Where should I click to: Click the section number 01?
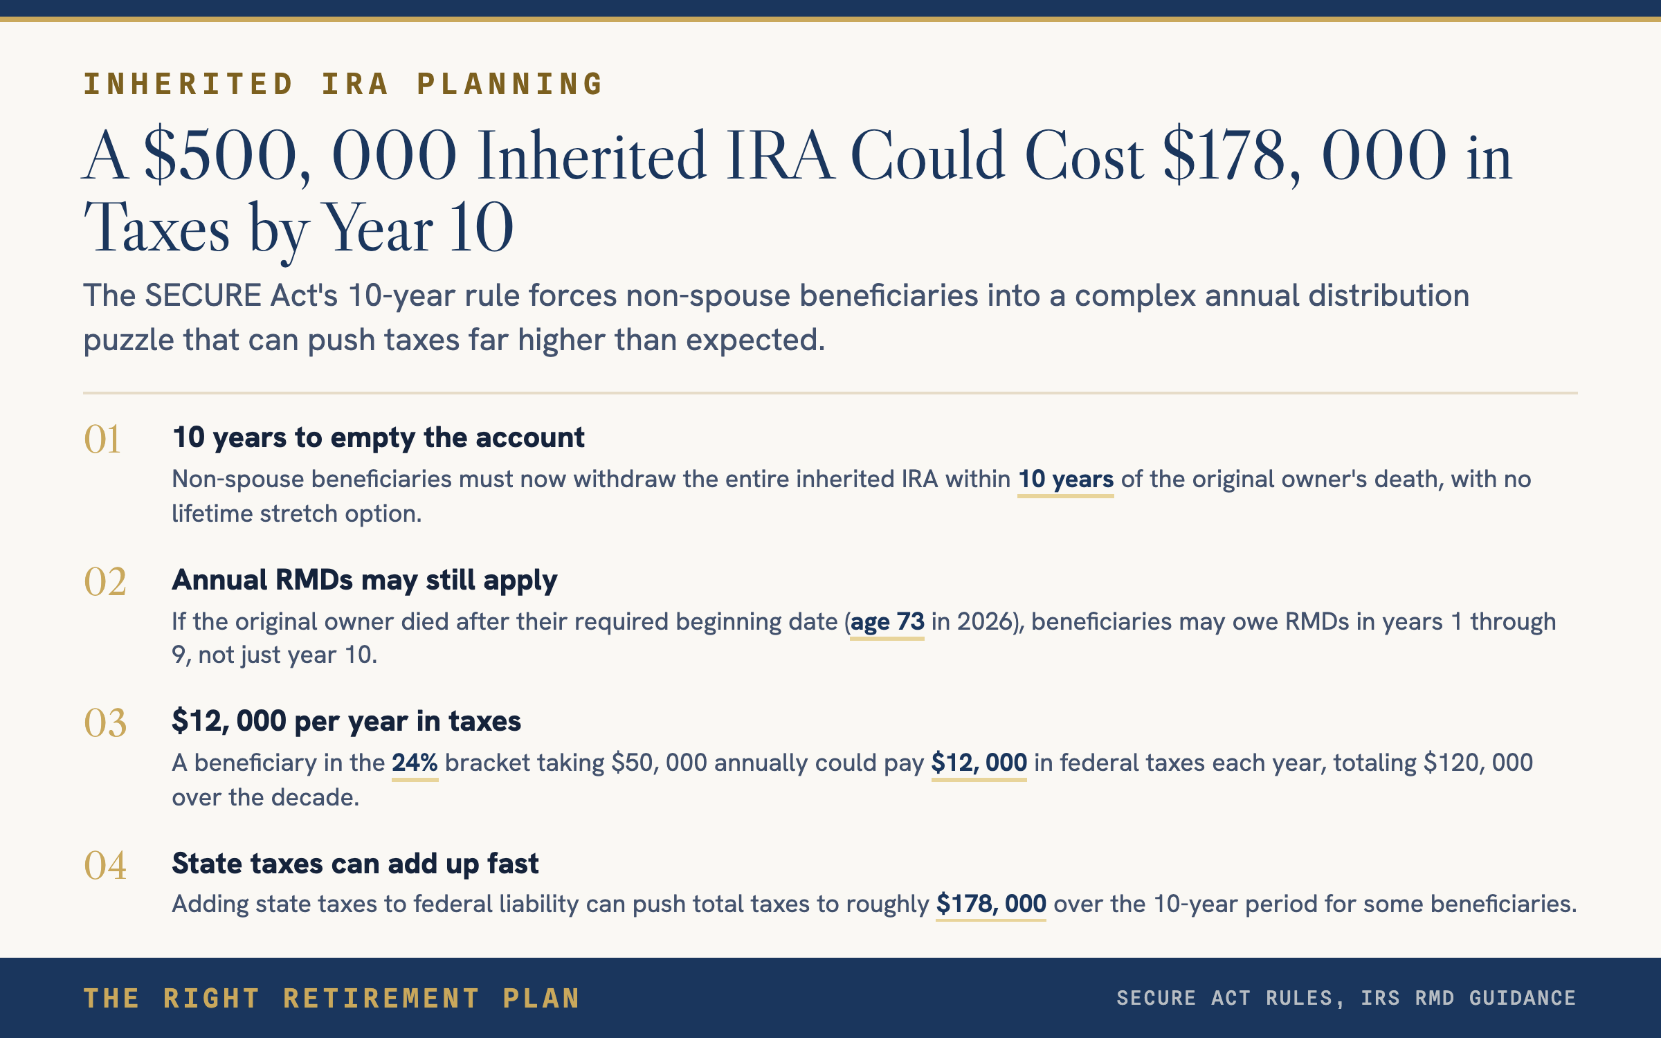pyautogui.click(x=102, y=439)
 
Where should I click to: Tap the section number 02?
pyautogui.click(x=105, y=581)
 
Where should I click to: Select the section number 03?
pyautogui.click(x=105, y=723)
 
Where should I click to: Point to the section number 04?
pyautogui.click(x=105, y=865)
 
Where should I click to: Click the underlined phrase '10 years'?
pyautogui.click(x=1066, y=480)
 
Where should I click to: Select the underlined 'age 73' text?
pyautogui.click(x=887, y=622)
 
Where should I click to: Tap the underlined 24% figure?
pyautogui.click(x=415, y=763)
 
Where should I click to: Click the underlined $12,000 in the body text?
pyautogui.click(x=979, y=763)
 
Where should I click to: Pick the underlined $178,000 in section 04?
pyautogui.click(x=990, y=904)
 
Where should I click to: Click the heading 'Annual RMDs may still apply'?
pyautogui.click(x=364, y=581)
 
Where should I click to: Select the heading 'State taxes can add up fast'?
pyautogui.click(x=355, y=864)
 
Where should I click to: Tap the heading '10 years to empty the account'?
pyautogui.click(x=379, y=438)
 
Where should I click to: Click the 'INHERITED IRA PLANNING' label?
pyautogui.click(x=343, y=84)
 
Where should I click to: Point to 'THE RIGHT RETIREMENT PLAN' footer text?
pyautogui.click(x=332, y=999)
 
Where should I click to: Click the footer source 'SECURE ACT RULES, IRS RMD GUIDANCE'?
pyautogui.click(x=1346, y=998)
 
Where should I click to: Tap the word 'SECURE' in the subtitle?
pyautogui.click(x=203, y=296)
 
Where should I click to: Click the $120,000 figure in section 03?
pyautogui.click(x=1478, y=763)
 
